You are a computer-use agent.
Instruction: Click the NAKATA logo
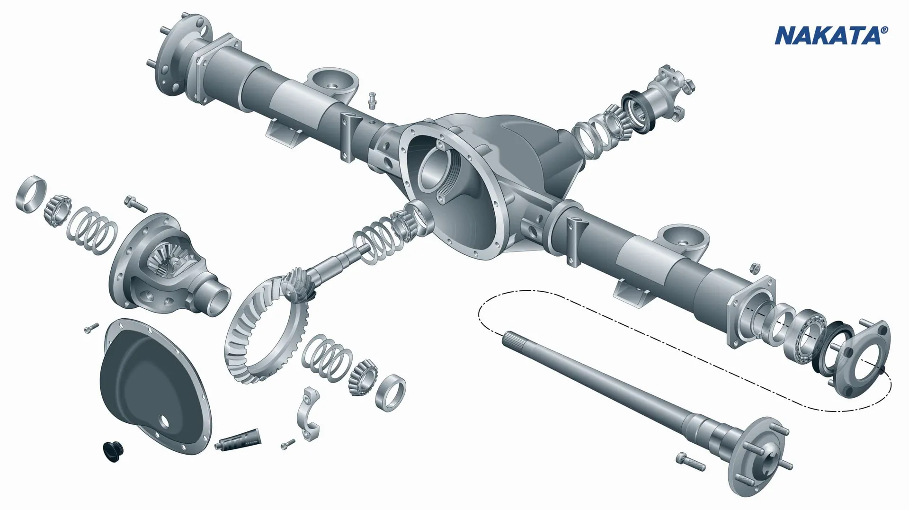coord(831,36)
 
